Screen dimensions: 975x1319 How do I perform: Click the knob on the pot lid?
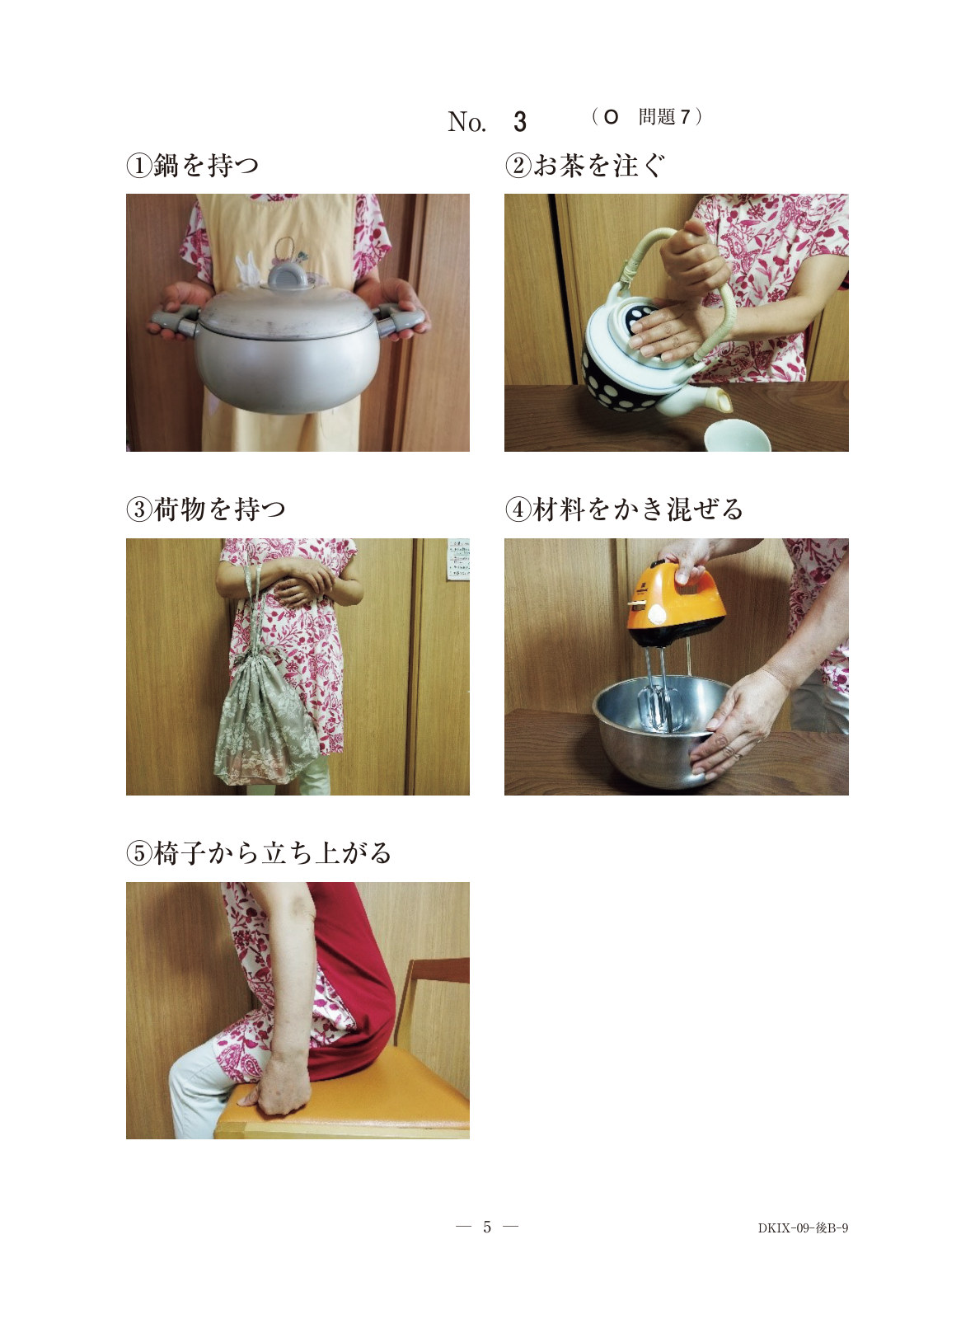coord(288,276)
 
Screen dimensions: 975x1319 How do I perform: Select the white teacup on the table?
coord(737,435)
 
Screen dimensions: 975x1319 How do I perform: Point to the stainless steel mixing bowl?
coord(660,730)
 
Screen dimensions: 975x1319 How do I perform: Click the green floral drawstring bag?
coord(265,721)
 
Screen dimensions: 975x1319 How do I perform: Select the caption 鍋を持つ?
coord(206,166)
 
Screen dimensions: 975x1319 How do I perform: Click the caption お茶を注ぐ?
coord(598,166)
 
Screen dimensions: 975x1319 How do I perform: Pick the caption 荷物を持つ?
coord(219,509)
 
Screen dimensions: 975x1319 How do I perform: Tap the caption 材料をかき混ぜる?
coord(638,509)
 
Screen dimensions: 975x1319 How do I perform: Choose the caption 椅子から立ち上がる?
coord(272,852)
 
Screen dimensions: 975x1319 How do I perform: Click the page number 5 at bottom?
coord(487,1227)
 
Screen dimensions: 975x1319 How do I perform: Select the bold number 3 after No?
coord(519,122)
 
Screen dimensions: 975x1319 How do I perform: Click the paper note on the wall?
coord(458,559)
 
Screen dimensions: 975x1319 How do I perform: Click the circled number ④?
coord(518,509)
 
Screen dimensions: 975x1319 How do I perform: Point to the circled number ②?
coord(518,166)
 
